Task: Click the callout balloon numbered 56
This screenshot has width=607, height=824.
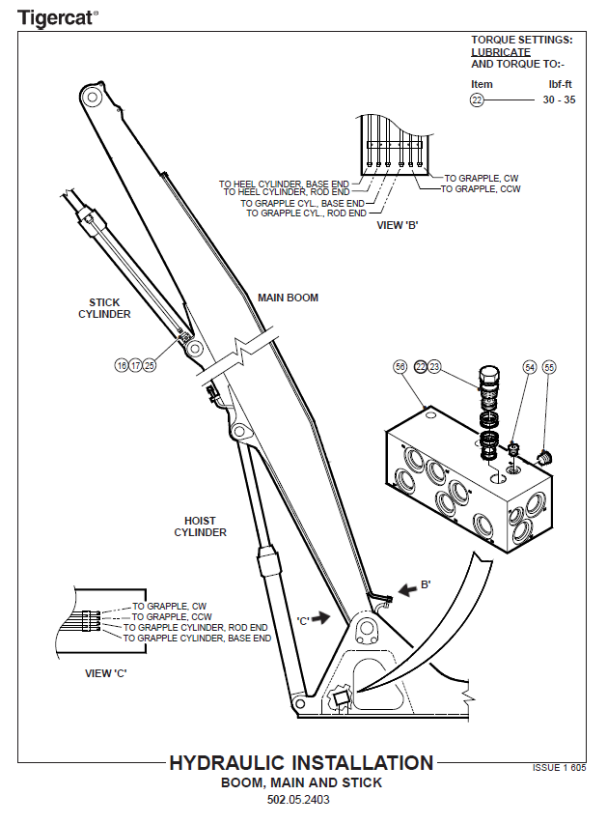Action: pos(400,367)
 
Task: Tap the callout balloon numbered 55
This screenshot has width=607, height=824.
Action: pos(549,367)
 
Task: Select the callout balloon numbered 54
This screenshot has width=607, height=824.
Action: pos(530,367)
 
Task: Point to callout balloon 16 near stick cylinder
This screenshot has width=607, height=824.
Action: pos(121,365)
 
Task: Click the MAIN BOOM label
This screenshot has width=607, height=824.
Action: pos(288,298)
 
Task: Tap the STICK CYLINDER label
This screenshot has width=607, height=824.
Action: pos(104,308)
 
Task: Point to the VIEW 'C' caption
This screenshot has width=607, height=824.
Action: pos(112,672)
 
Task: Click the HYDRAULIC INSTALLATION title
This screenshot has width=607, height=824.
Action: pos(301,763)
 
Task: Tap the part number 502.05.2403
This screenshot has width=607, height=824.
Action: pos(301,800)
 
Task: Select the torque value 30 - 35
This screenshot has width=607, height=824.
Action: pos(559,99)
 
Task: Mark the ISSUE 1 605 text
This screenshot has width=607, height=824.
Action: pos(559,767)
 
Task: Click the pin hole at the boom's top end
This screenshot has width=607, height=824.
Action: pos(92,97)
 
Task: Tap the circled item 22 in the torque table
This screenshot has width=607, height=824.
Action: pos(477,99)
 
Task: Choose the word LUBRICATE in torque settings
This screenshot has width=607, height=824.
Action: pos(500,52)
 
